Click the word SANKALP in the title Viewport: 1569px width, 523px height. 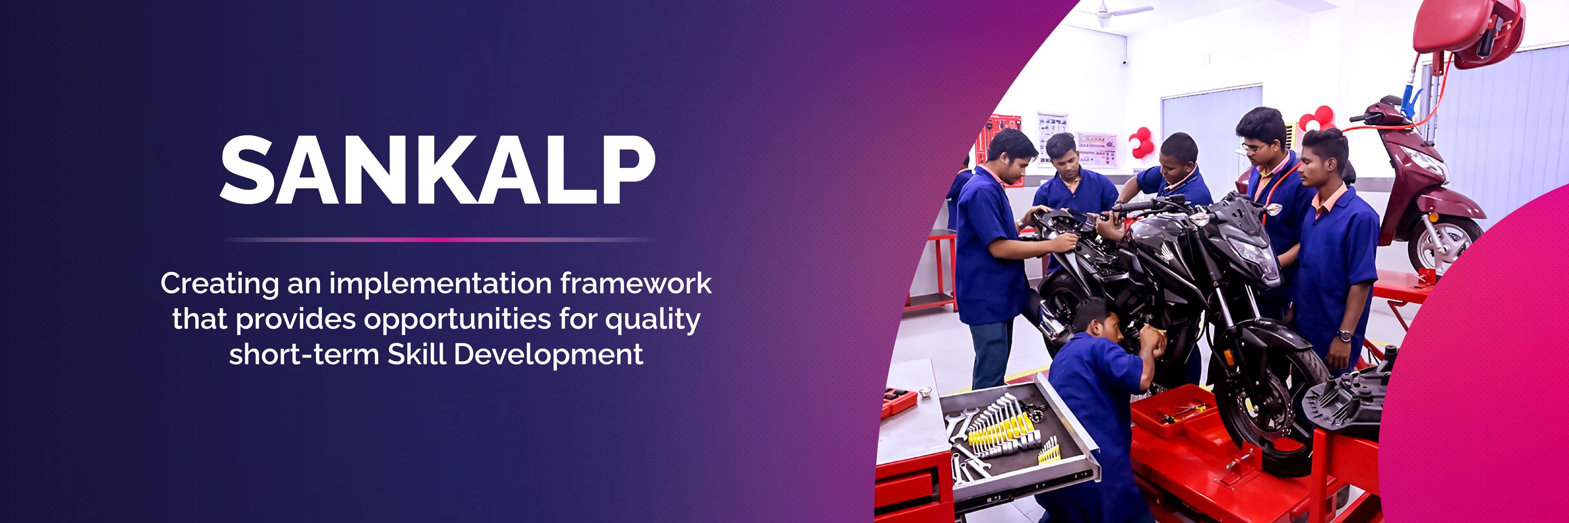point(437,169)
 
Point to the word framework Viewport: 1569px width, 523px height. point(636,283)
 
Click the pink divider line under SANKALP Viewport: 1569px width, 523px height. point(437,240)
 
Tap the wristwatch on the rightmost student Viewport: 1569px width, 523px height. point(1345,335)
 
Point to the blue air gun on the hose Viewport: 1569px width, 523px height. point(1409,100)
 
